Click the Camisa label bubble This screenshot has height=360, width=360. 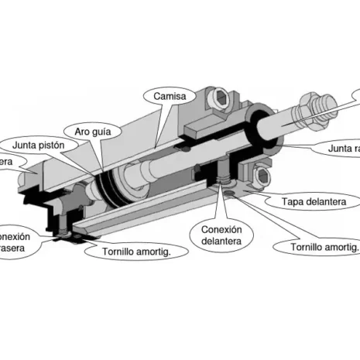169,96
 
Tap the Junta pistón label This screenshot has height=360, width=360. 43,145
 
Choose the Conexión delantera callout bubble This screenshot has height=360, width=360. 221,235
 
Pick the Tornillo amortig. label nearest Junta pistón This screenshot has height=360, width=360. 136,252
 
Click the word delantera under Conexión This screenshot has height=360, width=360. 221,242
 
